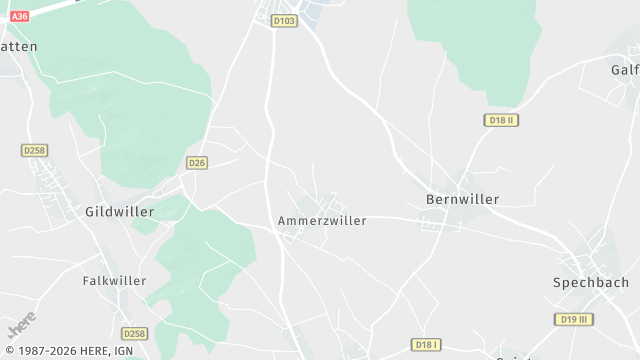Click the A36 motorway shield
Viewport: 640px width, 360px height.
point(18,16)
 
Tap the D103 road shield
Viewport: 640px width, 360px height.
point(285,20)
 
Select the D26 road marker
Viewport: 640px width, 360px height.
point(196,162)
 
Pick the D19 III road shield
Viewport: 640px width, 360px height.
point(571,319)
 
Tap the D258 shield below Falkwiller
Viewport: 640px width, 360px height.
point(134,333)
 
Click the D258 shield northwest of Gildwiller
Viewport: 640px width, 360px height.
point(33,150)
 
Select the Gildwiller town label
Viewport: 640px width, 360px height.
point(119,212)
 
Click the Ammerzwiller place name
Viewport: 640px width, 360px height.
point(322,220)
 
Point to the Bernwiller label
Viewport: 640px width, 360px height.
point(462,199)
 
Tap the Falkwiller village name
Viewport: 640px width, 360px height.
point(114,281)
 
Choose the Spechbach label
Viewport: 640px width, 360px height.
point(590,283)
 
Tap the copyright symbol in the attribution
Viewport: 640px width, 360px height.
point(9,352)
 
